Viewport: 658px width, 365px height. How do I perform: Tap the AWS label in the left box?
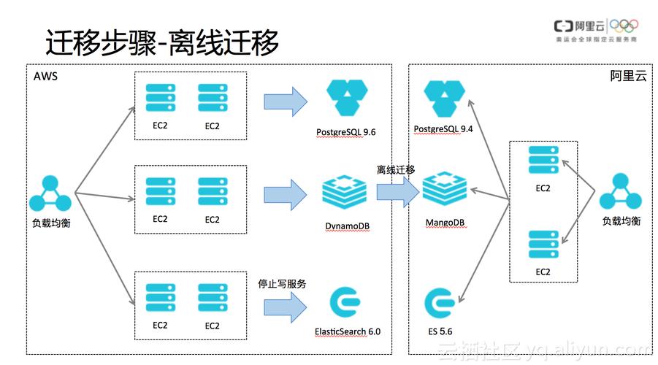(45, 76)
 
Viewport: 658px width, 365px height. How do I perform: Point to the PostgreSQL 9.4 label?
(443, 129)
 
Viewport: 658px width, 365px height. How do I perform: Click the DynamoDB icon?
(345, 191)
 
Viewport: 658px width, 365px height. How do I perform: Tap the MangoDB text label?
(445, 221)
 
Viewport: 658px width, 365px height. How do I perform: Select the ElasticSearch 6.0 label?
(348, 331)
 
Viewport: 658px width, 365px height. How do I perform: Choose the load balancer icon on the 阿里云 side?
(620, 193)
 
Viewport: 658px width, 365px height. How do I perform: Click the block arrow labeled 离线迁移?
(397, 192)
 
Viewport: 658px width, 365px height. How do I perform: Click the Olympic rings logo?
(624, 26)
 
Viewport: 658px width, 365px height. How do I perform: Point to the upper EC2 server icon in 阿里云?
(543, 161)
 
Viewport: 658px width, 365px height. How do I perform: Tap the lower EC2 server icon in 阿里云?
(543, 245)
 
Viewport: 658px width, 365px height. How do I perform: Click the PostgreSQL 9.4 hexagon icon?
(444, 99)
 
